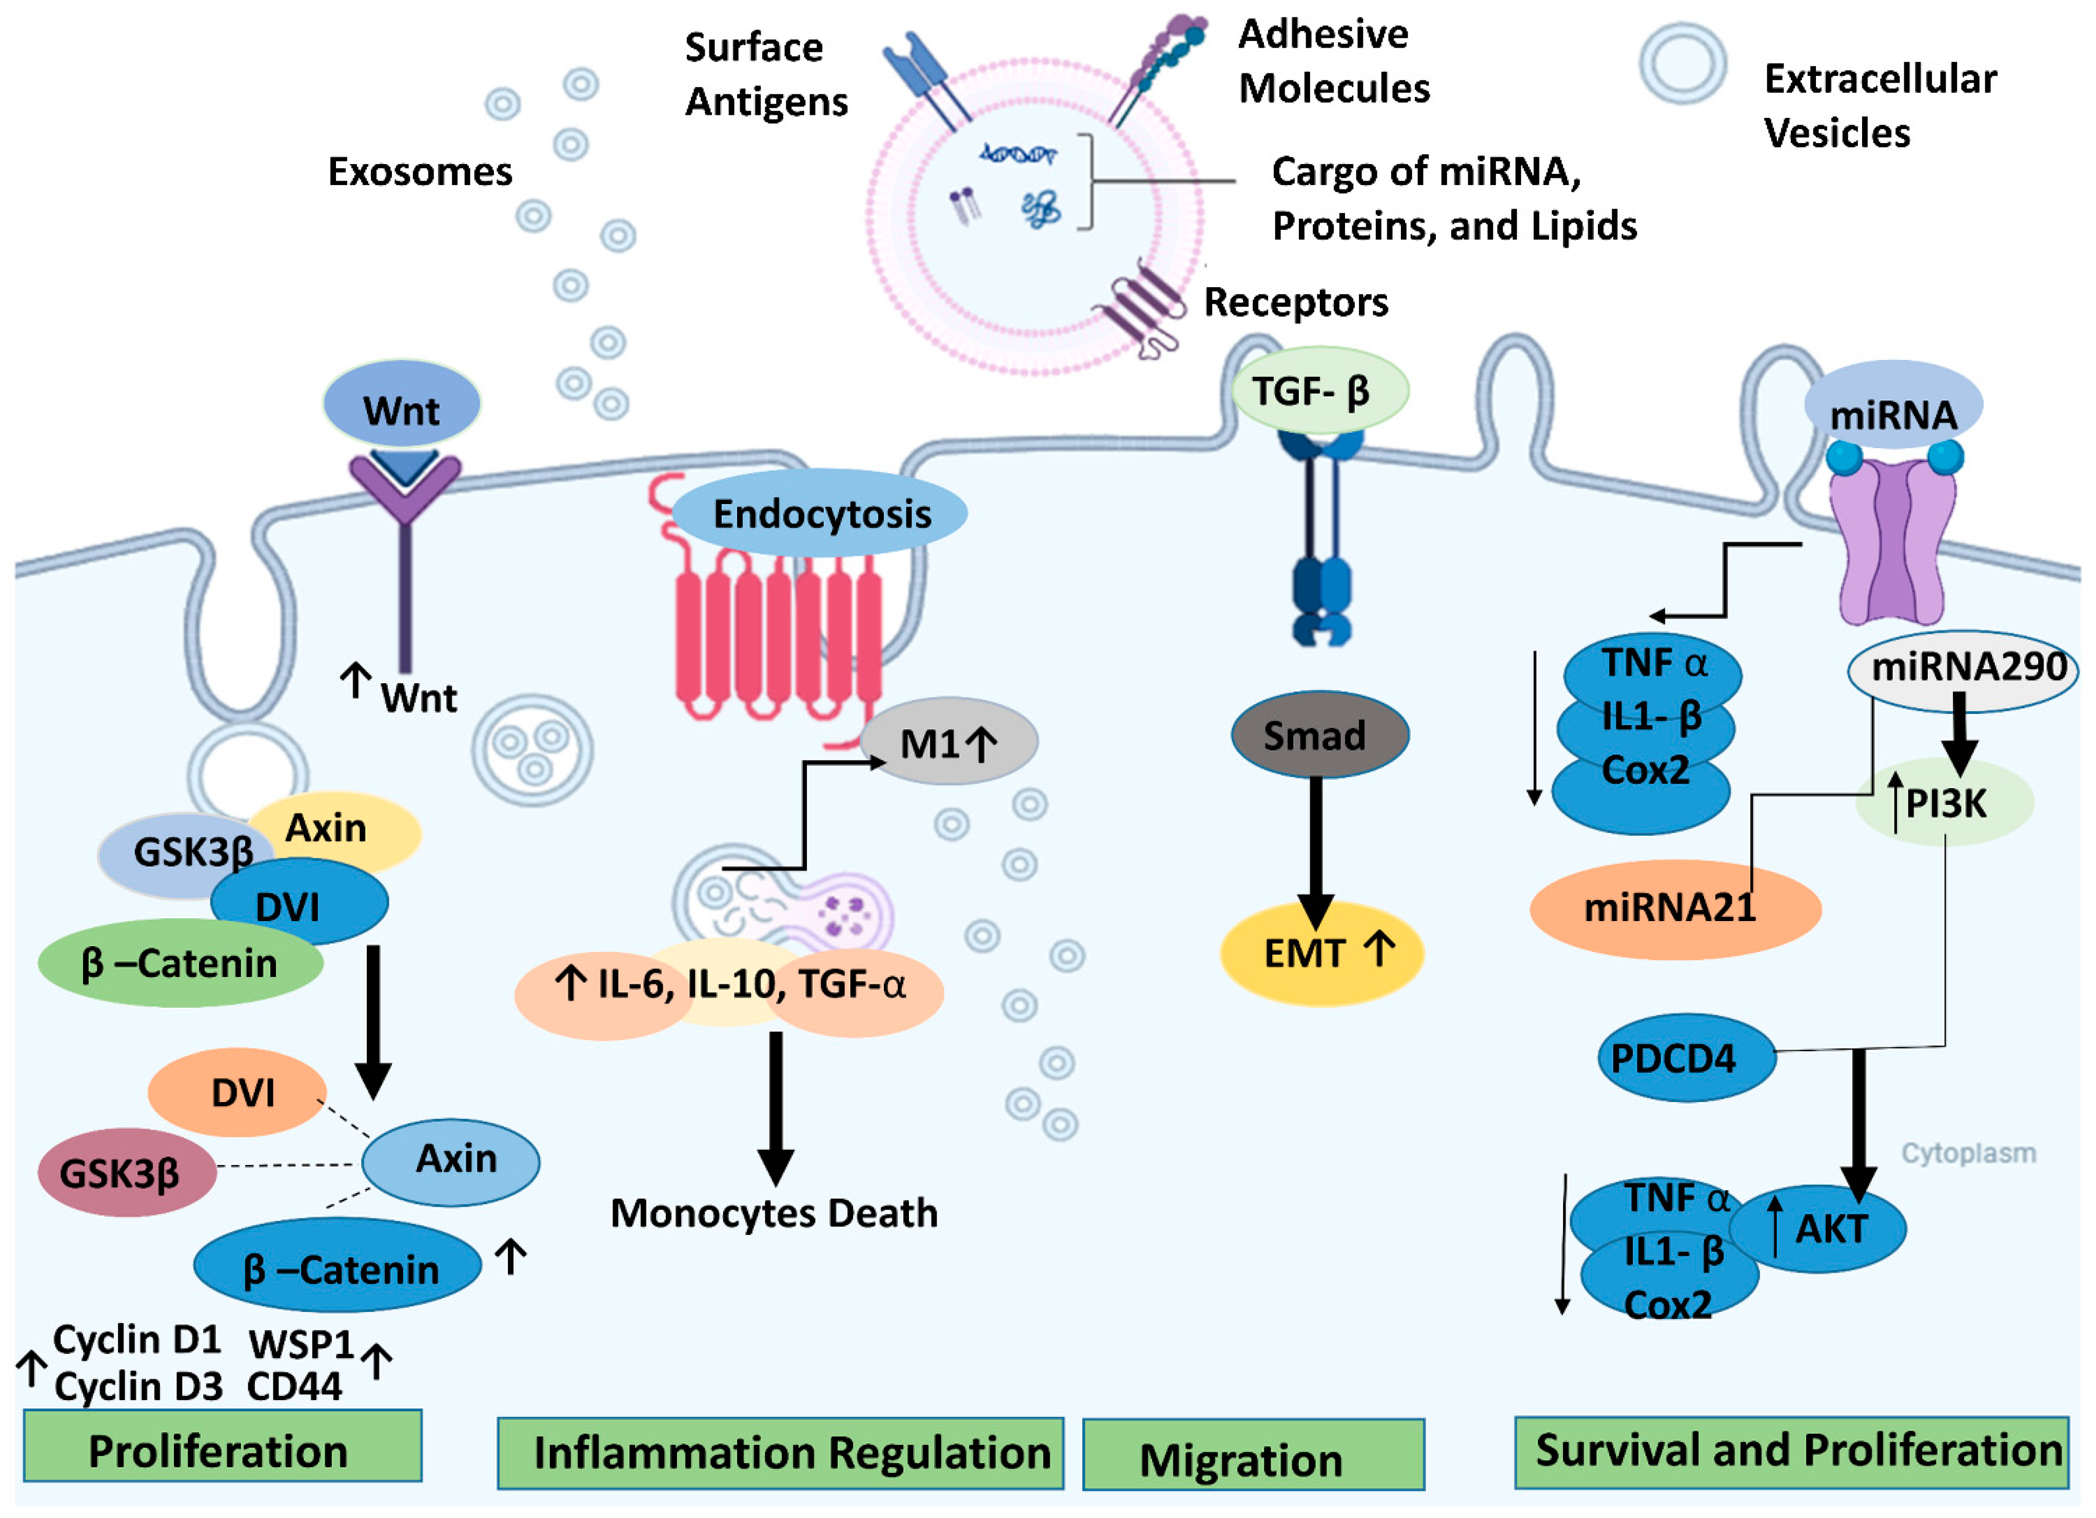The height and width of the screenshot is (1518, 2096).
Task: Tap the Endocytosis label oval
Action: coord(820,514)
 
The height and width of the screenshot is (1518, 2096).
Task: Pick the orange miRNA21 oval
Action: coord(1674,908)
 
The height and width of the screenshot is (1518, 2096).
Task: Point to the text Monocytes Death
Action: coord(775,1213)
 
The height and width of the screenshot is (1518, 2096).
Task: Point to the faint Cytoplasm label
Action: coord(1968,1153)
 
